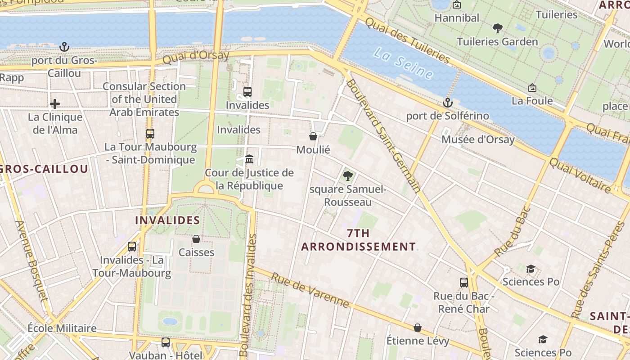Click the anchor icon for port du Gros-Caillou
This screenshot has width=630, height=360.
click(64, 47)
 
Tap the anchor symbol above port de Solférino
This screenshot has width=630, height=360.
click(447, 103)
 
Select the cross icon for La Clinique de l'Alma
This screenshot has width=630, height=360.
click(55, 104)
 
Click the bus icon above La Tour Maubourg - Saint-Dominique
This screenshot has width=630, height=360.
click(150, 134)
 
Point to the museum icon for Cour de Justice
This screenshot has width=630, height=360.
click(249, 159)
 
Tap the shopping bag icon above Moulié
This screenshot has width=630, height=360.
click(313, 136)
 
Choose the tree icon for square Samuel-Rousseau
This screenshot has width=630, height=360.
click(347, 176)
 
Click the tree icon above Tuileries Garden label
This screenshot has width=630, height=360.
click(497, 28)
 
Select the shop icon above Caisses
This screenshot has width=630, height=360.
click(196, 239)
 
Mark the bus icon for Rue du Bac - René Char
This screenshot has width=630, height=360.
click(464, 283)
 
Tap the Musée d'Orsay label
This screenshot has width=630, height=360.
click(477, 139)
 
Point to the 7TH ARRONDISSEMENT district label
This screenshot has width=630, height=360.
click(358, 240)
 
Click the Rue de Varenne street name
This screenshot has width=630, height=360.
click(310, 290)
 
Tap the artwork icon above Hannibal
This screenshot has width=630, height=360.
click(457, 5)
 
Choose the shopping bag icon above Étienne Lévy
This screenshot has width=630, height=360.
click(418, 328)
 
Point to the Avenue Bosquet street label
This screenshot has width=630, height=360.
click(31, 261)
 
